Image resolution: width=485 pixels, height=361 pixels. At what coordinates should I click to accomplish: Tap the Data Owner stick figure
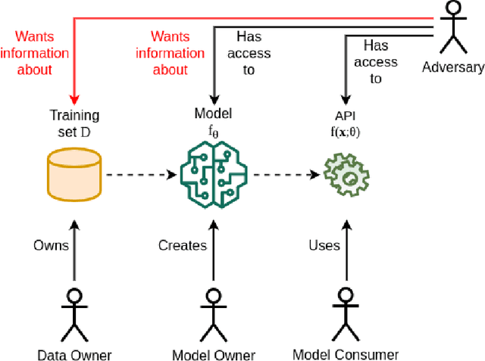click(74, 313)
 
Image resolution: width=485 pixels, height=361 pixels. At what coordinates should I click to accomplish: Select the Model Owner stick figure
click(214, 313)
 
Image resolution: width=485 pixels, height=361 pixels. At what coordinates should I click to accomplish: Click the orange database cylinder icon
click(74, 175)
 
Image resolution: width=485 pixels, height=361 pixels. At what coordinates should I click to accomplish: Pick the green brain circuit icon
click(214, 174)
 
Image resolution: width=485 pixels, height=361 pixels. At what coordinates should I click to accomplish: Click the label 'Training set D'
click(74, 123)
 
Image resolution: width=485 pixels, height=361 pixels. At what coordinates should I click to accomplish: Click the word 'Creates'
click(182, 245)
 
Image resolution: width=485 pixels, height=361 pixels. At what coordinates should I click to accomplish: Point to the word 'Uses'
click(324, 245)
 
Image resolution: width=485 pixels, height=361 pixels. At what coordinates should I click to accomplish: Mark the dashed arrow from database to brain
click(136, 175)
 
